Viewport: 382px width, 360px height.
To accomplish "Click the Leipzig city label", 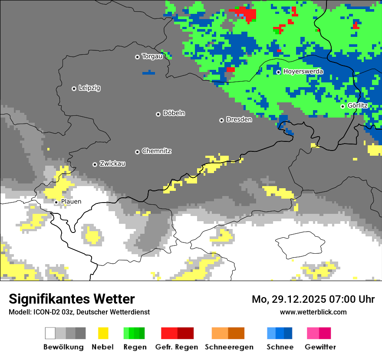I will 89,88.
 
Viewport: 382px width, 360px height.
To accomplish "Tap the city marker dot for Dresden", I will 221,120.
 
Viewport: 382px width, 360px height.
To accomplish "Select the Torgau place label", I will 152,56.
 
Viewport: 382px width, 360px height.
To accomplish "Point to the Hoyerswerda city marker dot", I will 279,72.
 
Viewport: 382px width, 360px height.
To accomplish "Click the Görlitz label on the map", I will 358,105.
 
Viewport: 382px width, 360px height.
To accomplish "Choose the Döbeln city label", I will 174,113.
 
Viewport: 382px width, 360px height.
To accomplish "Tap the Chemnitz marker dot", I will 138,152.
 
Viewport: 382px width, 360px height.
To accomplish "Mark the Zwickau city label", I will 112,164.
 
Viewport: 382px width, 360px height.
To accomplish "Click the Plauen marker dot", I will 56,202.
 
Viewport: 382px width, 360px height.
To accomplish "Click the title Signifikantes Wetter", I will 72,299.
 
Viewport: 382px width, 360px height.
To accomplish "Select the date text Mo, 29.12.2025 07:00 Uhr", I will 313,299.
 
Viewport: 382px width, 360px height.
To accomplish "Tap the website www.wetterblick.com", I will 313,312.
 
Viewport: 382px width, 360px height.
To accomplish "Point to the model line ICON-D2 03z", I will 79,312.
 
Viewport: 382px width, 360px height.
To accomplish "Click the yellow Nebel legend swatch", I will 103,333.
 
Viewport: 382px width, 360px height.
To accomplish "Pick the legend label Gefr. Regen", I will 177,347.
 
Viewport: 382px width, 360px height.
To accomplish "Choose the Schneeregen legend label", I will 229,347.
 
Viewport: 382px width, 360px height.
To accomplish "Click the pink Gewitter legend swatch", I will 313,333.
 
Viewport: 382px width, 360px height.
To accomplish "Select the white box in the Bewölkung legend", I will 50,333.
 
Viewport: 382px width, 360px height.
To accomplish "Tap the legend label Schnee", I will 280,347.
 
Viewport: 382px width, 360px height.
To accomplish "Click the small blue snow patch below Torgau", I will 148,72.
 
